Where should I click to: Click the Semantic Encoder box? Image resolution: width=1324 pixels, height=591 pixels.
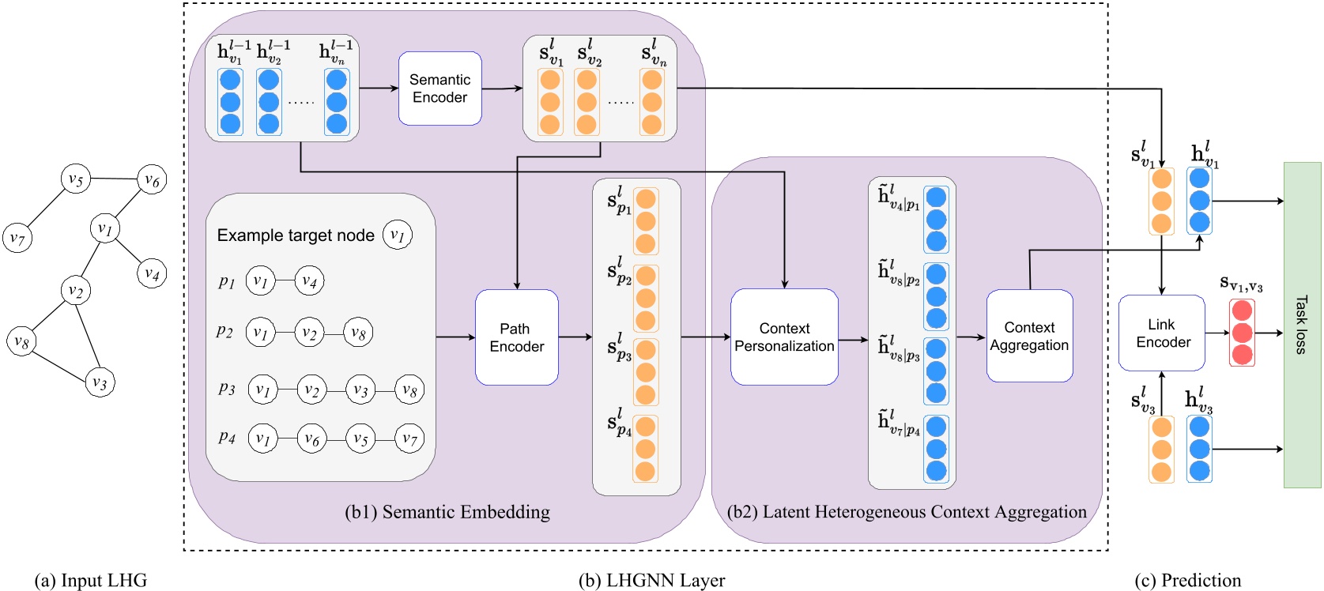[x=439, y=88]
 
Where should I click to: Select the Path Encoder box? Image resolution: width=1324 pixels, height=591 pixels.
[x=516, y=337]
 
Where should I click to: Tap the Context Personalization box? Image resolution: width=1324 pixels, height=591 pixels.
[x=784, y=337]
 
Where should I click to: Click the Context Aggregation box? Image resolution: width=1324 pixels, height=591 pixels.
[x=1029, y=336]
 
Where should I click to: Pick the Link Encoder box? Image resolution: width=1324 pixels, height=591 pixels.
[x=1161, y=333]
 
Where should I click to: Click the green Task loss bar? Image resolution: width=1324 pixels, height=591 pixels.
[x=1302, y=325]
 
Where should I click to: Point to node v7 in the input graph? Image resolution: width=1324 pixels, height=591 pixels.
[x=17, y=237]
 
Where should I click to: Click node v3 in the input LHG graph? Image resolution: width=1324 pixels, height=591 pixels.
[x=100, y=382]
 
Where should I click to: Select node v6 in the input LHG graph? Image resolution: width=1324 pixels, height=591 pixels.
[x=152, y=180]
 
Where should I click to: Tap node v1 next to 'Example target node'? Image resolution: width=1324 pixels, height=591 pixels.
[x=397, y=235]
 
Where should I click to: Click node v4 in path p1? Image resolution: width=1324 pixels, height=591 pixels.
[x=309, y=281]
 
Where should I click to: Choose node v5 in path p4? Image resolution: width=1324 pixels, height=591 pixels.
[x=360, y=439]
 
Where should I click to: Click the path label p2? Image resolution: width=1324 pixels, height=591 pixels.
[x=225, y=331]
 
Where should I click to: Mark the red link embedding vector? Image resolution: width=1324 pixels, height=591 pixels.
[x=1242, y=333]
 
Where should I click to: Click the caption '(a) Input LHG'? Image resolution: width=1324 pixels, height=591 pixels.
[x=91, y=580]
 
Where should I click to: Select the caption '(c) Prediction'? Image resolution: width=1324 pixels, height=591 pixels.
[x=1187, y=580]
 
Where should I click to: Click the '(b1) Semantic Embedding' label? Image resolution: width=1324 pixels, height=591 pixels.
[x=447, y=512]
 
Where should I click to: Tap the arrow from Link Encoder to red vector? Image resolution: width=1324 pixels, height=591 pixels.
[x=1217, y=333]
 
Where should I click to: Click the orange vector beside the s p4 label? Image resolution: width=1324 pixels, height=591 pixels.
[x=645, y=449]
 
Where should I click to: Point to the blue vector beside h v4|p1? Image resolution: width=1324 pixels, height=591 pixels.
[x=936, y=219]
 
